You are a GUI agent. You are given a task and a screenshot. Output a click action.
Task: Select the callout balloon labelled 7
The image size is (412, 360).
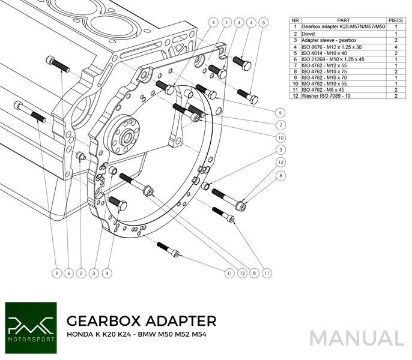(x=280, y=126)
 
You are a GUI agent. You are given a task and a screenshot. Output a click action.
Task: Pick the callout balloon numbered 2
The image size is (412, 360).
(x=80, y=273)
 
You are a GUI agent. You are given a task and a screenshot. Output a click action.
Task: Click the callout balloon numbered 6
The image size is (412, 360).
(x=68, y=273)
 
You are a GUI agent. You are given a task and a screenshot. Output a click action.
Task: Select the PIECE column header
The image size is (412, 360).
(x=396, y=20)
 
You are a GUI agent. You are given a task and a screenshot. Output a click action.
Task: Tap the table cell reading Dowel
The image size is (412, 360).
(x=309, y=34)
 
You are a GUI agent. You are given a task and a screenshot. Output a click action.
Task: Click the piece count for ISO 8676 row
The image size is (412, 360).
(x=396, y=46)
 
